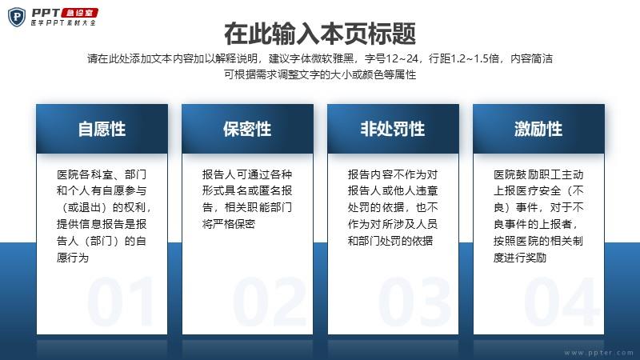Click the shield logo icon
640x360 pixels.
tap(17, 17)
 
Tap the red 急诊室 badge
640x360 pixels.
tap(79, 13)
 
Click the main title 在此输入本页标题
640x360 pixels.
tap(320, 34)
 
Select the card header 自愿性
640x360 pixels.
tap(102, 129)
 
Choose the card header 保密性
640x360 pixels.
tap(247, 129)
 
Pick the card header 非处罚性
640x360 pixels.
tap(393, 129)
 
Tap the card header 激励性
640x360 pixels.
tap(538, 129)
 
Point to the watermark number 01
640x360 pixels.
tap(121, 302)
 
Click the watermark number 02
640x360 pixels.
tap(269, 302)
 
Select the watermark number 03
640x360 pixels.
tap(414, 302)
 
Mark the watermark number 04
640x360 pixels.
tap(561, 302)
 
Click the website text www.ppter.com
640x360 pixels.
tap(598, 353)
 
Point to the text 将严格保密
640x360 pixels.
tap(229, 224)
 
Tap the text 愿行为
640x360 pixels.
tap(73, 258)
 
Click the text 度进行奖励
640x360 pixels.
tap(520, 258)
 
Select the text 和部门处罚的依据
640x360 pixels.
tap(390, 241)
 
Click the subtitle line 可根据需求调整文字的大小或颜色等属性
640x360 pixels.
tap(320, 74)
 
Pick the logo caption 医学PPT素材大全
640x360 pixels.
tap(63, 23)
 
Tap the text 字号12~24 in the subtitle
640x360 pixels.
tap(391, 58)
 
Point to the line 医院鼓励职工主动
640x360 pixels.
tap(538, 174)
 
